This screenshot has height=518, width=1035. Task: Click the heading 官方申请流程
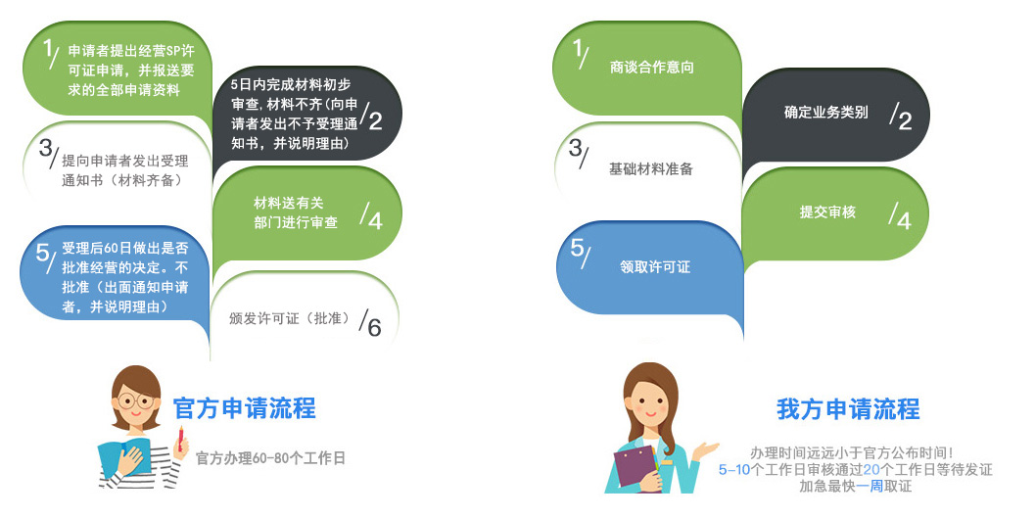coord(244,407)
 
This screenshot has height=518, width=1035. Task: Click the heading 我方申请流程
coord(848,409)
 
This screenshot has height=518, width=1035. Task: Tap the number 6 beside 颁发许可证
coord(374,327)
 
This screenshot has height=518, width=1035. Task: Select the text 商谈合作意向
coord(651,67)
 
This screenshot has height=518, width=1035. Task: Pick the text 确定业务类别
coord(825,113)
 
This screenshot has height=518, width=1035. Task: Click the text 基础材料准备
coord(651,169)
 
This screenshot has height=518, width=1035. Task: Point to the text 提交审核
coord(827,212)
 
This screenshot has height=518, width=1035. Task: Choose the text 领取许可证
coord(655,266)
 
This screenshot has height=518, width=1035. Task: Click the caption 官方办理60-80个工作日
coord(270,458)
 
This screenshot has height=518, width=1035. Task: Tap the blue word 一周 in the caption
coord(870,487)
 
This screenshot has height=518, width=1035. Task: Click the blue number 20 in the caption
coord(871,470)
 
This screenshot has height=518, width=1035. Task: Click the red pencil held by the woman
coord(181,438)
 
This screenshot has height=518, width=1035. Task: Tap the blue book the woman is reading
coord(124,456)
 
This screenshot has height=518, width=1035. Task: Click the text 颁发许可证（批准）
coord(290,318)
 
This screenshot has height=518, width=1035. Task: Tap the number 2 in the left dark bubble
coord(376,120)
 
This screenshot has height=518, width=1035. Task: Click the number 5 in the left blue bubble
coord(42,253)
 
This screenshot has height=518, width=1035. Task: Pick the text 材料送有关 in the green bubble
coord(289,204)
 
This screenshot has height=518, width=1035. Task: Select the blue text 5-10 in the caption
coord(734,470)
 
